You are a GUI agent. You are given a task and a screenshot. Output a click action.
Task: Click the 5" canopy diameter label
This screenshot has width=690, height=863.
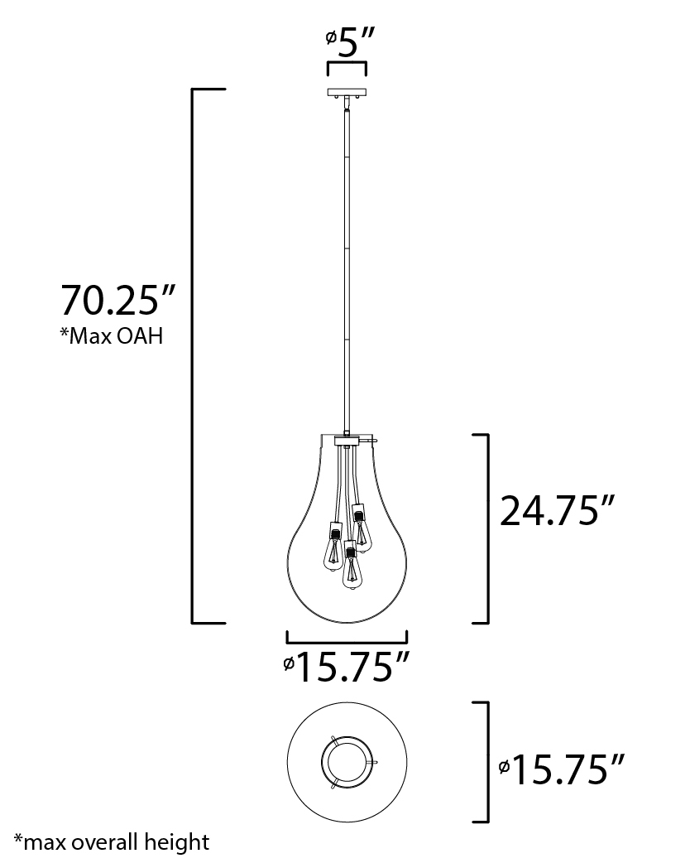pyautogui.click(x=350, y=42)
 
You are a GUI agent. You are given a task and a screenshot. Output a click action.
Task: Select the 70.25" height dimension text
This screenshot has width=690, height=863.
pyautogui.click(x=117, y=300)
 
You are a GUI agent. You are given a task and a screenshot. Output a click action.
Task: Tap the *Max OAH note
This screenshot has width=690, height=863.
pyautogui.click(x=112, y=335)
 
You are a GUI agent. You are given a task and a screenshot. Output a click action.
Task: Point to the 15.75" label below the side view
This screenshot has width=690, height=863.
pyautogui.click(x=347, y=667)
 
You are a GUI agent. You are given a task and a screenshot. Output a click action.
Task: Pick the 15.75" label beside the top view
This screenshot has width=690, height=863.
pyautogui.click(x=562, y=769)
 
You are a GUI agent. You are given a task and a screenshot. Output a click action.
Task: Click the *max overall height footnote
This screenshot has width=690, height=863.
pyautogui.click(x=112, y=841)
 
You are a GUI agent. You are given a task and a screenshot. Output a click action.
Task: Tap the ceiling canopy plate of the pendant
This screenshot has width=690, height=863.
pyautogui.click(x=347, y=93)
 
